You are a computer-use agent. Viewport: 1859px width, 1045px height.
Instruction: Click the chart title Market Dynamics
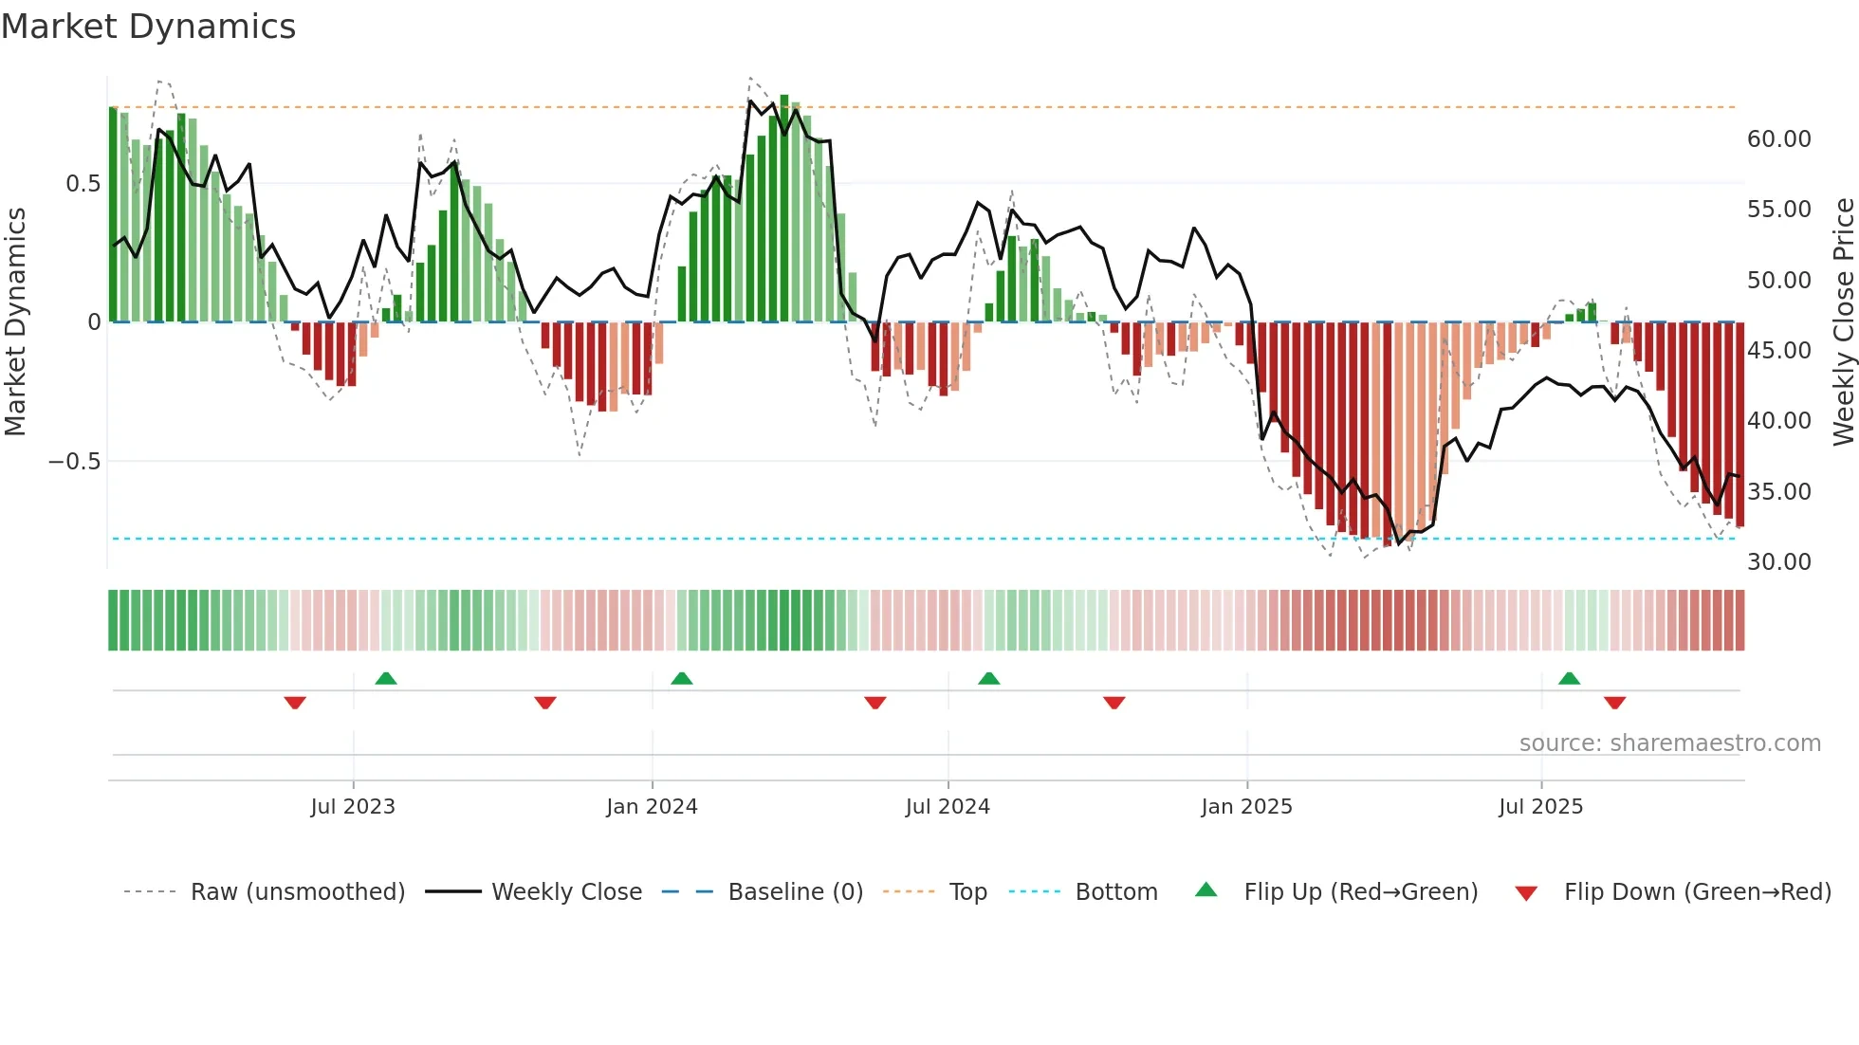coord(148,27)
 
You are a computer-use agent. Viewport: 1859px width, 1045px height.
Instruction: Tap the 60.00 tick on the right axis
coord(1778,139)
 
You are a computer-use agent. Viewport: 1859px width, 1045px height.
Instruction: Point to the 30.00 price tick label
coord(1778,562)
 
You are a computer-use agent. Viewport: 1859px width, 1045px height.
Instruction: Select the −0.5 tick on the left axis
coord(74,462)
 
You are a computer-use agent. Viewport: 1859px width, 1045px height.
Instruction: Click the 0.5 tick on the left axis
coord(83,184)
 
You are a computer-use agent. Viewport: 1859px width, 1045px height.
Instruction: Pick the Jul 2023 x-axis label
coord(352,807)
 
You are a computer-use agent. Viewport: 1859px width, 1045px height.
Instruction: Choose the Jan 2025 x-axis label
coord(1245,807)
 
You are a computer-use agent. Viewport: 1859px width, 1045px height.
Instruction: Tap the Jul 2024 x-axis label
coord(947,807)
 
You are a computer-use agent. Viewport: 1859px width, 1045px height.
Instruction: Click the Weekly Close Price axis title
coord(1843,322)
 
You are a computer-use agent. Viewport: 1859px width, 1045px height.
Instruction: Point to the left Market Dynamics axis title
coord(15,322)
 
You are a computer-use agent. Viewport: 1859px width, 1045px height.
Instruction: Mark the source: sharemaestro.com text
coord(1669,743)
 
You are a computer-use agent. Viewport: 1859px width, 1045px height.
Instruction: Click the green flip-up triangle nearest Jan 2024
coord(681,678)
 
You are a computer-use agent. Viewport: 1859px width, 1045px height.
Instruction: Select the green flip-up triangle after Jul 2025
coord(1569,678)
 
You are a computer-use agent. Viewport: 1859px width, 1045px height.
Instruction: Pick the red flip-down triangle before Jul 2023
coord(294,703)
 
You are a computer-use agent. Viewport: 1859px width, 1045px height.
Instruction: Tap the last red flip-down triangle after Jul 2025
coord(1614,703)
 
